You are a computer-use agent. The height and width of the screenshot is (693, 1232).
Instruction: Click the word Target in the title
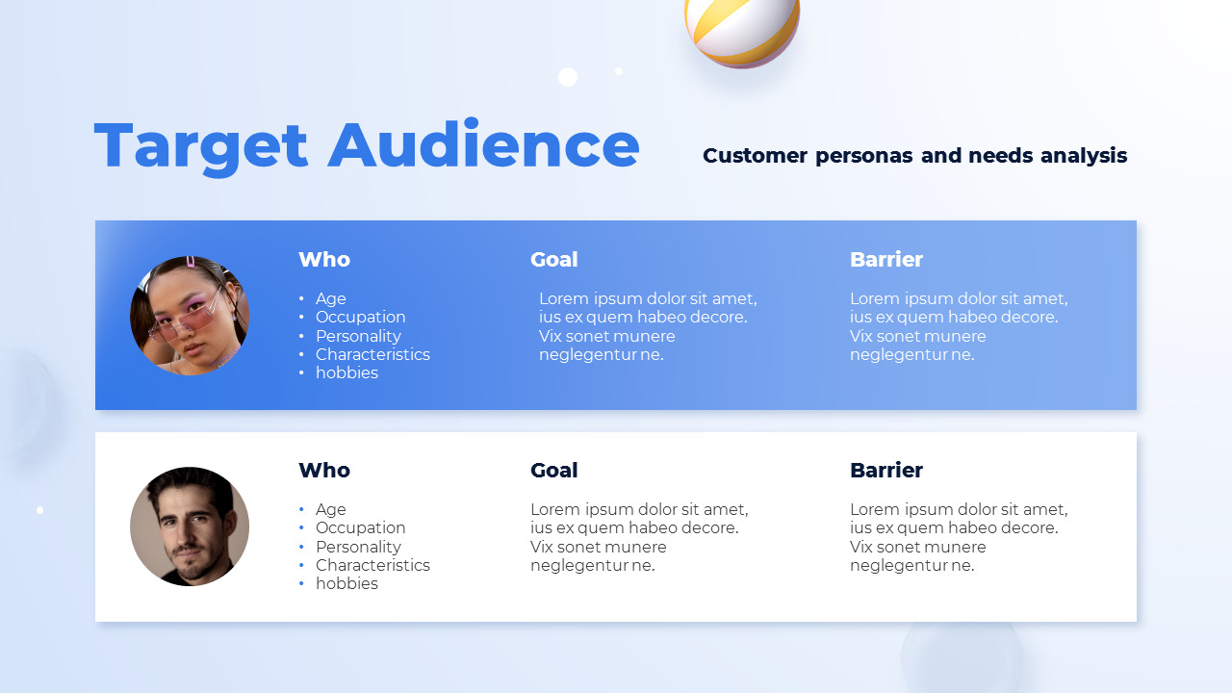pyautogui.click(x=201, y=146)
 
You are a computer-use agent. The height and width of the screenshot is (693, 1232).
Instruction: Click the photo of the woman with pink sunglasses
pyautogui.click(x=190, y=315)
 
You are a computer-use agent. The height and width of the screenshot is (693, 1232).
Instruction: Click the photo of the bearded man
pyautogui.click(x=190, y=526)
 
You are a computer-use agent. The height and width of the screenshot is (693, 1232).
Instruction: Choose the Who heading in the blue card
pyautogui.click(x=324, y=260)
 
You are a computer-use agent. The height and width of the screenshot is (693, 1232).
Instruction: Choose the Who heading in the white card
pyautogui.click(x=324, y=471)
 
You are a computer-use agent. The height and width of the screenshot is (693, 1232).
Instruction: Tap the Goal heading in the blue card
pyautogui.click(x=553, y=260)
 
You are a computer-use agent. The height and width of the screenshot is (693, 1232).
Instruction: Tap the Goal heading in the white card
pyautogui.click(x=553, y=471)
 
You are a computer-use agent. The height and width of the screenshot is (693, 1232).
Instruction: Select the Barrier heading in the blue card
pyautogui.click(x=885, y=260)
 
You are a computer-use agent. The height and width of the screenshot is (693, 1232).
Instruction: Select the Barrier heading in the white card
pyautogui.click(x=885, y=471)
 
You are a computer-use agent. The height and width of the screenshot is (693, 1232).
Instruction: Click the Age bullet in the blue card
pyautogui.click(x=330, y=299)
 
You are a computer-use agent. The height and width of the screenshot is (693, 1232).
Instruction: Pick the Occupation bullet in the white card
pyautogui.click(x=360, y=528)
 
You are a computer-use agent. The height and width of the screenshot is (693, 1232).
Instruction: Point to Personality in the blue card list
pyautogui.click(x=358, y=336)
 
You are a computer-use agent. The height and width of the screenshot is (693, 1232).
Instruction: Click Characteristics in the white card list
pyautogui.click(x=372, y=565)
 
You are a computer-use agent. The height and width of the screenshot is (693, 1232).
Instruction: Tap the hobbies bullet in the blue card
pyautogui.click(x=346, y=373)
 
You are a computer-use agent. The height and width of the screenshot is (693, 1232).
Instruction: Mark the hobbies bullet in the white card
pyautogui.click(x=346, y=584)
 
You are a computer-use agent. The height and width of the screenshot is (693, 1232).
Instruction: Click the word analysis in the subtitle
pyautogui.click(x=1083, y=156)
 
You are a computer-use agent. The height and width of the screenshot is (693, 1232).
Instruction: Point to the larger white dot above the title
pyautogui.click(x=568, y=77)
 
